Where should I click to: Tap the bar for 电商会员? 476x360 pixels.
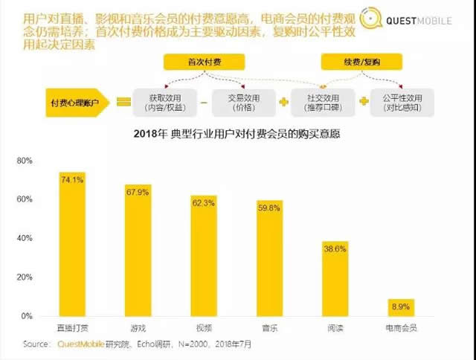click(x=400, y=307)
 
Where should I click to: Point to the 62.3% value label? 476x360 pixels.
click(x=203, y=202)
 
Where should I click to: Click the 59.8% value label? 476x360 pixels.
click(x=269, y=208)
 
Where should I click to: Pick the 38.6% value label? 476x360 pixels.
click(x=335, y=248)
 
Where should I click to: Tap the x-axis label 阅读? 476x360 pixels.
click(x=335, y=327)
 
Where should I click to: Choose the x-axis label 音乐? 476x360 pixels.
click(x=269, y=327)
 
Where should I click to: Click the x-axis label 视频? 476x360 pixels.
click(x=203, y=327)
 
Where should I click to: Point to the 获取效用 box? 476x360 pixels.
click(x=165, y=102)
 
